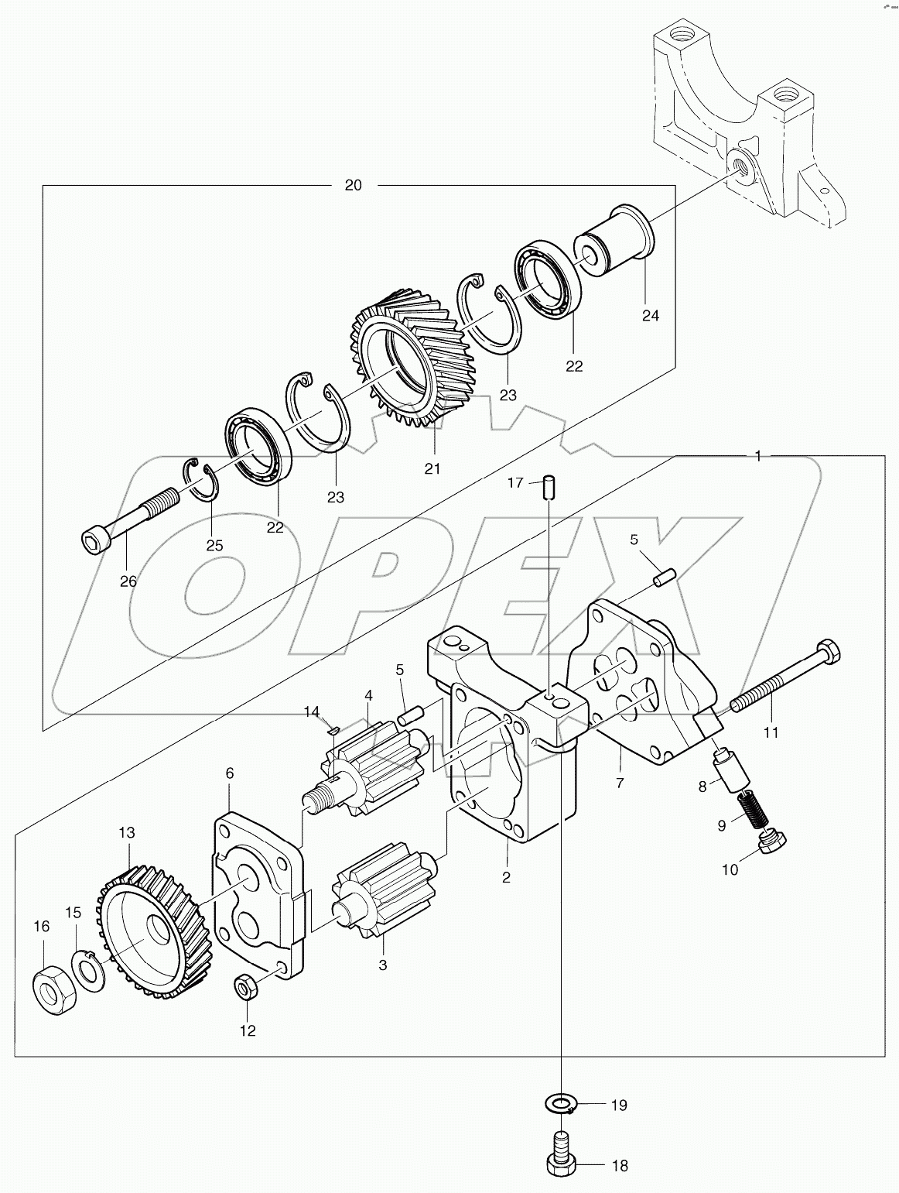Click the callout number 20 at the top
pyautogui.click(x=353, y=185)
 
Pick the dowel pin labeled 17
pyautogui.click(x=549, y=488)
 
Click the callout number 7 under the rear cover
pyautogui.click(x=619, y=783)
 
